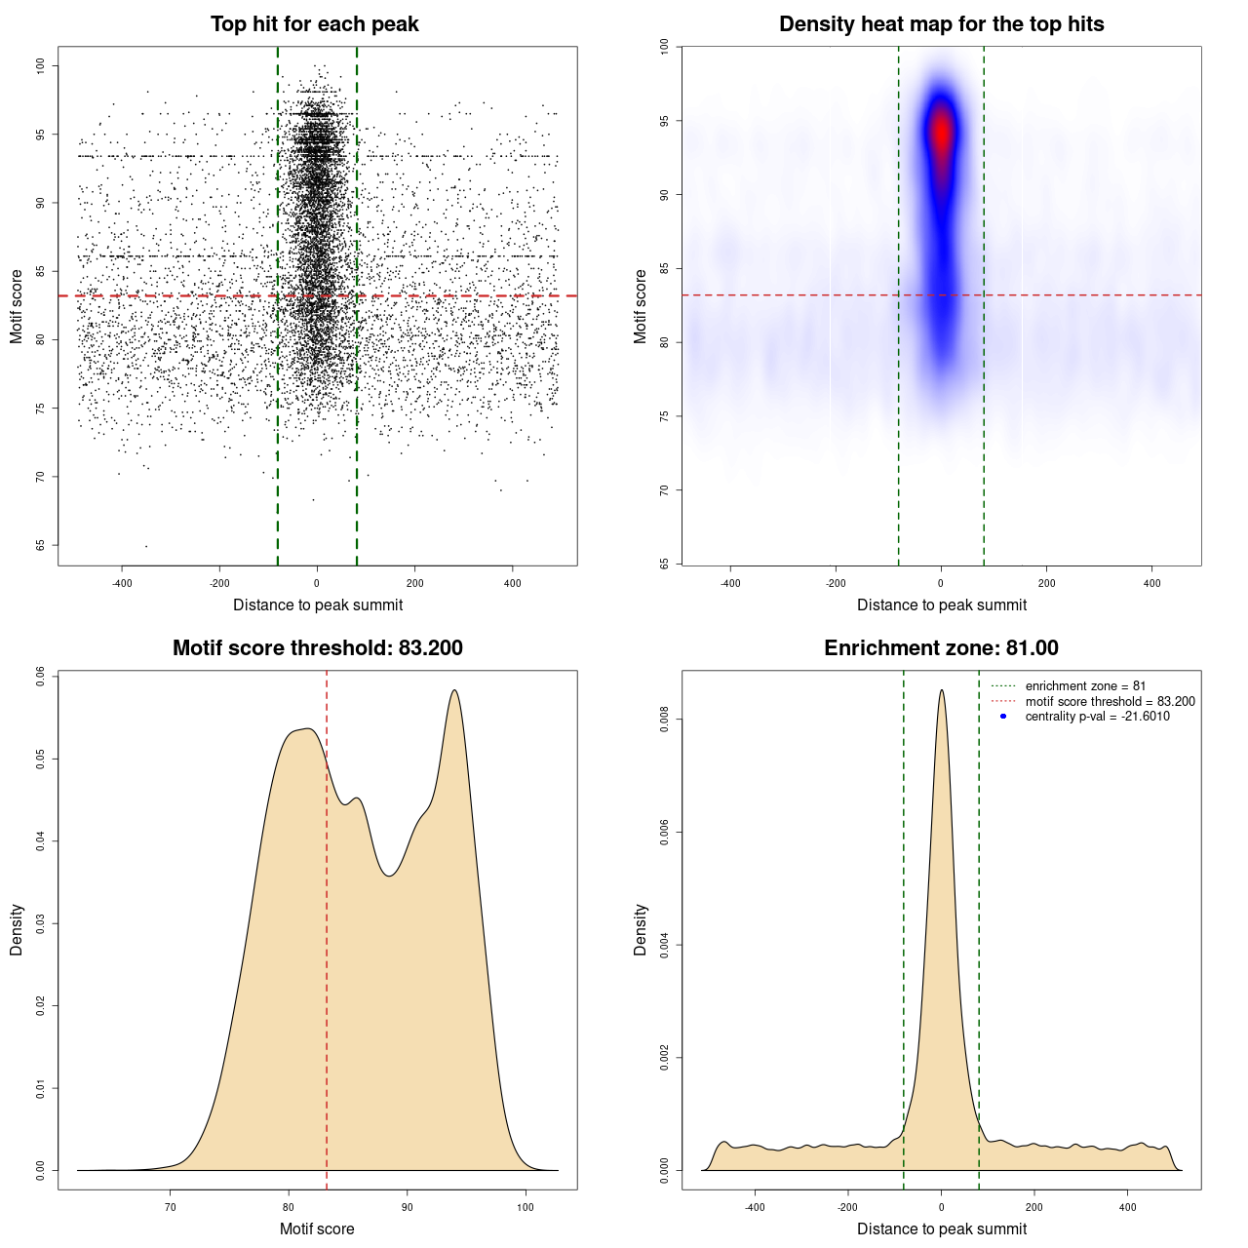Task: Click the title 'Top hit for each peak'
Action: coord(314,24)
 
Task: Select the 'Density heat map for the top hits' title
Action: coord(941,24)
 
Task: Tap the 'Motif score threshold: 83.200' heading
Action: coord(317,648)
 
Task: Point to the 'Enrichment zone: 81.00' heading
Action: coord(941,648)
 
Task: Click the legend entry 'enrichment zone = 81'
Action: coord(1085,686)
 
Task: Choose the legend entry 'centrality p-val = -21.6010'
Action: coord(1097,717)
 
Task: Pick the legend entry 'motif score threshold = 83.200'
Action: coord(1110,701)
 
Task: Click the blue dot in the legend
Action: coord(1003,717)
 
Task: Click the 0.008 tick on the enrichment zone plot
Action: coord(664,720)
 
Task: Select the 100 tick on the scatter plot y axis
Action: coord(40,65)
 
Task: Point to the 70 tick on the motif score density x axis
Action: coord(171,1207)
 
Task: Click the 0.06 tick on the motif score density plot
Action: coord(40,676)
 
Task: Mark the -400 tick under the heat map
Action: coord(730,583)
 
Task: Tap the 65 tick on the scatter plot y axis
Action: coord(40,545)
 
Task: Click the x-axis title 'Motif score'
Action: coord(317,1228)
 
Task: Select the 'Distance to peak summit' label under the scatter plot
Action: coord(318,604)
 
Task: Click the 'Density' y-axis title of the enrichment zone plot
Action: coord(641,929)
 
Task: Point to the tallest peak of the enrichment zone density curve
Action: coord(941,691)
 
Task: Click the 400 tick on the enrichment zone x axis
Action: coord(1128,1207)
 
